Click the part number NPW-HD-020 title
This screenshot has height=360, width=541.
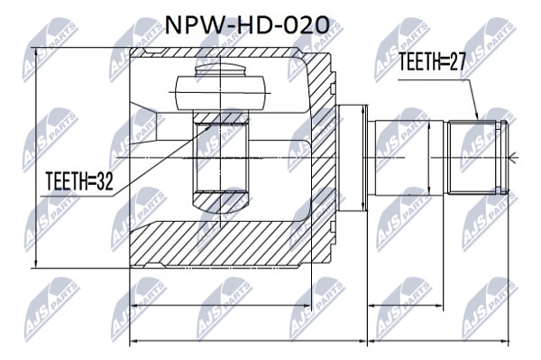pos(246,25)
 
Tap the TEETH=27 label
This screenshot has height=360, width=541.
pos(432,62)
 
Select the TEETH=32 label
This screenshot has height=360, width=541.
pos(79,181)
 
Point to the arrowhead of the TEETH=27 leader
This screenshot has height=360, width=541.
pos(477,116)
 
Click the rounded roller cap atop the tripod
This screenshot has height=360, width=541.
pos(220,69)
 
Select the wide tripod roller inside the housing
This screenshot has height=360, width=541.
pos(220,93)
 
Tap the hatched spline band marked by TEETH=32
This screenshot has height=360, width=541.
pos(220,118)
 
